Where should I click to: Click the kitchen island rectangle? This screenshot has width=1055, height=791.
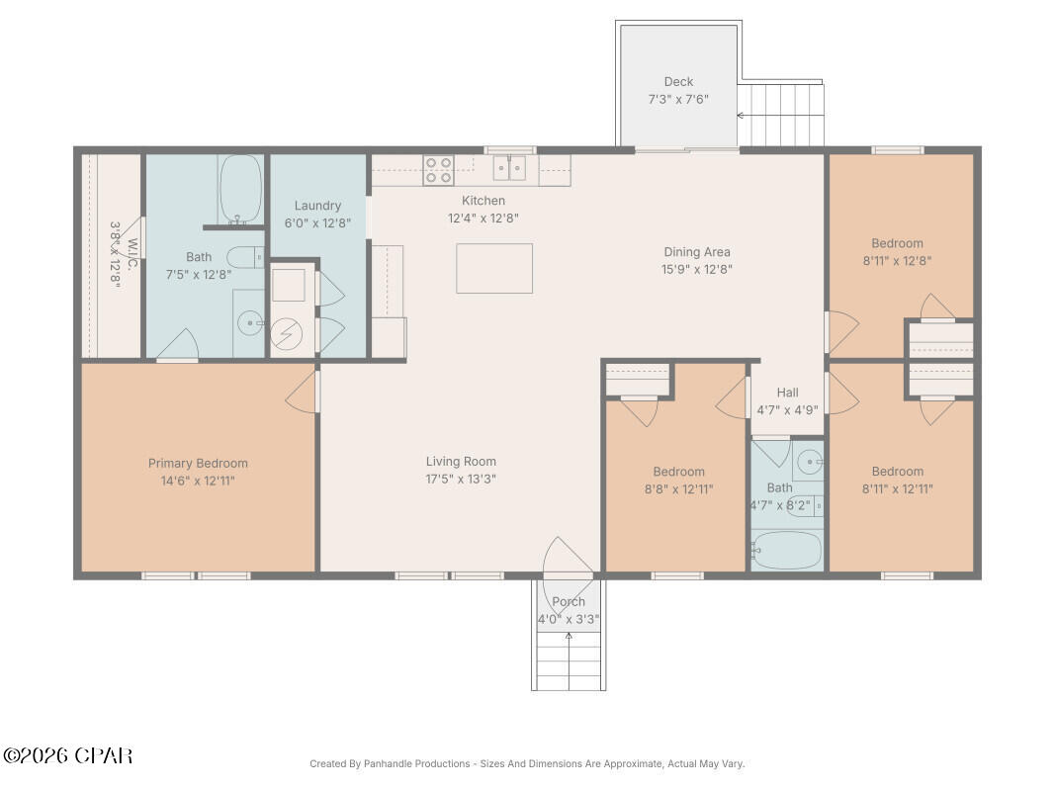tap(494, 268)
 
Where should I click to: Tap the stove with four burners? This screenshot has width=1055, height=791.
tap(438, 171)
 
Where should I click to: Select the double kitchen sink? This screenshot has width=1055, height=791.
tap(510, 168)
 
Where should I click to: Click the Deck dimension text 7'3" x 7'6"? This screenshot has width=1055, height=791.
tap(678, 100)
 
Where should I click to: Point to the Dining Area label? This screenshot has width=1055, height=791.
tap(696, 252)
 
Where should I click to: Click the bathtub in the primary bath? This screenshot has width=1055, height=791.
tap(240, 188)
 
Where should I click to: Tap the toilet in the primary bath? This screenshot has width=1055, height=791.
tap(245, 257)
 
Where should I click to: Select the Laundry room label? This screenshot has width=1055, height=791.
tap(317, 206)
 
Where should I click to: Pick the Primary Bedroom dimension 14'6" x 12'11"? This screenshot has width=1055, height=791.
tap(198, 481)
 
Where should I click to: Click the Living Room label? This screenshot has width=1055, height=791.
tap(461, 461)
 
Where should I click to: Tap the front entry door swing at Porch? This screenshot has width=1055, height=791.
tap(567, 557)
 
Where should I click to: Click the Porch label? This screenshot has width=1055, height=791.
tap(569, 601)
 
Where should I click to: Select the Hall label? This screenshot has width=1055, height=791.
tap(787, 393)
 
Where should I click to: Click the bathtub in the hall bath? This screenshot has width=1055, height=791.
tap(786, 549)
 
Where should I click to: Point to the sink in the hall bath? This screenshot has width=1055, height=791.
tap(809, 460)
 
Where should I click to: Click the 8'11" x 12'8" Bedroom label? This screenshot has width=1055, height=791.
tap(897, 243)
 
